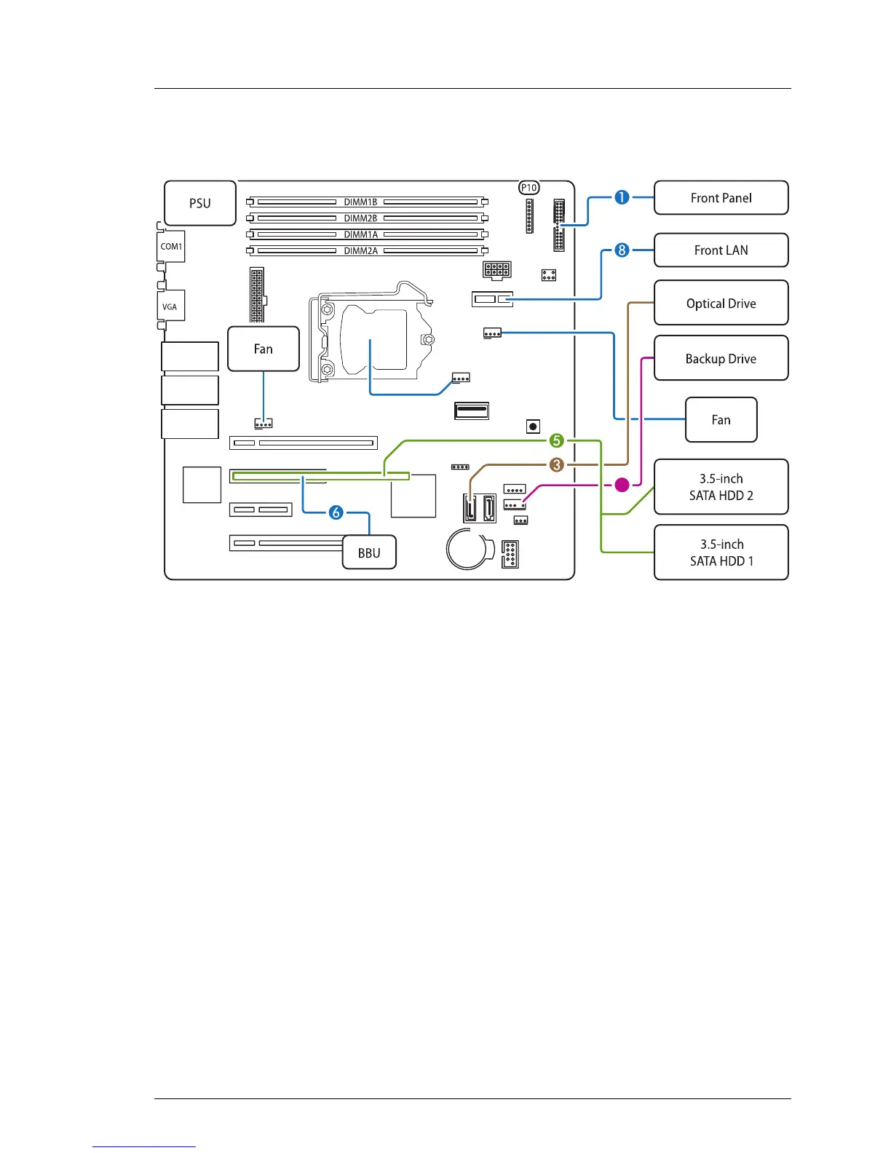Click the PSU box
200,203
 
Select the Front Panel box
721,198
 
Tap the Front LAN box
721,250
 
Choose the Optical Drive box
721,303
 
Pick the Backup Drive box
721,358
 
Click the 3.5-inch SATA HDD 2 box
721,487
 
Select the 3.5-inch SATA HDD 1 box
721,552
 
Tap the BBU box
369,552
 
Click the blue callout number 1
622,197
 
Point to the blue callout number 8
622,250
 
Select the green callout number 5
557,440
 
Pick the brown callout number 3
557,464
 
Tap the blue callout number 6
336,512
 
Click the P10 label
529,188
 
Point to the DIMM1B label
360,202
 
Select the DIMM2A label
360,250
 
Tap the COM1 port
171,247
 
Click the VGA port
170,306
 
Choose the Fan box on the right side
721,420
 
